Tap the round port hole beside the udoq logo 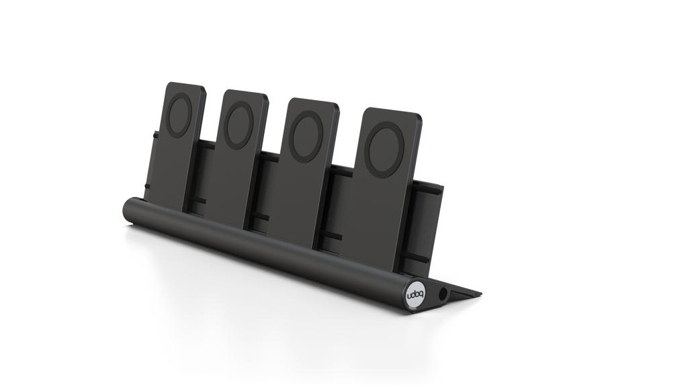pyautogui.click(x=442, y=294)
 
